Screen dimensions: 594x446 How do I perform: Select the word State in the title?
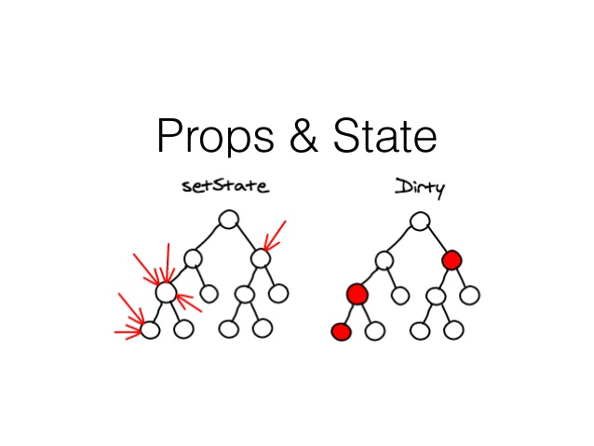(382, 136)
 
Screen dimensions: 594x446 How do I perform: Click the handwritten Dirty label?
(420, 186)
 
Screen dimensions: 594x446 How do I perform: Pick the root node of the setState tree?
(229, 221)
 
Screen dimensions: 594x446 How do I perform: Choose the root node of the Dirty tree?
(420, 221)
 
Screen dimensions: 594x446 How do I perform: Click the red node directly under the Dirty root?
(452, 259)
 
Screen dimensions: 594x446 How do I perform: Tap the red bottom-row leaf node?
(341, 331)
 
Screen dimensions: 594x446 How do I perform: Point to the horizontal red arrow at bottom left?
(128, 330)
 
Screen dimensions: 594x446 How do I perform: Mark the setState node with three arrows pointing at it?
(166, 292)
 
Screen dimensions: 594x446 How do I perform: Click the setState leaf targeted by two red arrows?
(151, 329)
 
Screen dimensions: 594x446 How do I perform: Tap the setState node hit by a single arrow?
(261, 258)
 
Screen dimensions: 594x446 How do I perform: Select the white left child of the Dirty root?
(385, 259)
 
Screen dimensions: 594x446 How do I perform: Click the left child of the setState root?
(193, 258)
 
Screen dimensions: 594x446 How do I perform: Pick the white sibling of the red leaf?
(374, 330)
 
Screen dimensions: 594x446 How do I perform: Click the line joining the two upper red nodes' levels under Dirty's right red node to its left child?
(442, 277)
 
